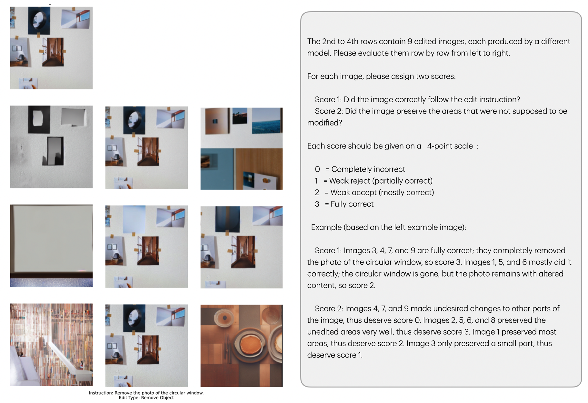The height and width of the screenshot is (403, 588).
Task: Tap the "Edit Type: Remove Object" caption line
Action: tap(146, 398)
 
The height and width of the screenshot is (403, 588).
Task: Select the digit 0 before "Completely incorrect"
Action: tap(317, 169)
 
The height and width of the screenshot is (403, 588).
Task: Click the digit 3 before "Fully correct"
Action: tap(317, 204)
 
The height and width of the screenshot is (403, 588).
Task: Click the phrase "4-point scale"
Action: tap(450, 146)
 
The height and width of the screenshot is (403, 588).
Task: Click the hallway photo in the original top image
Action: tap(53, 52)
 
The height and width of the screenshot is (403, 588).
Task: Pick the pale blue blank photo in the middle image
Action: tap(134, 219)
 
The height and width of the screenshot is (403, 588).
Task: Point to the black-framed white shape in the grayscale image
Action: tap(39, 119)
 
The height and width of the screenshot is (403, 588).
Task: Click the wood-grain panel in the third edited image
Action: tap(258, 169)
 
